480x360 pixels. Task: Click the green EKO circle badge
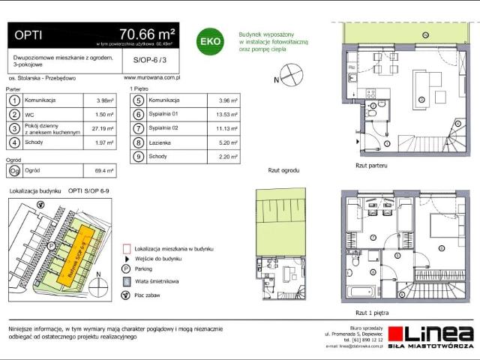(209, 41)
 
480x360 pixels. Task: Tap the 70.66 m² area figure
(147, 34)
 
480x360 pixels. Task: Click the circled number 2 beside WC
(14, 115)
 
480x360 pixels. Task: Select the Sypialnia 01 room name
(166, 115)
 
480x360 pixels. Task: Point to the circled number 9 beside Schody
(139, 157)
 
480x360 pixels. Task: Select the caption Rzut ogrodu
(283, 171)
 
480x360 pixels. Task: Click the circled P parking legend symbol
(125, 268)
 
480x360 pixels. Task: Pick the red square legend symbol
(125, 247)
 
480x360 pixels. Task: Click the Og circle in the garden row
(14, 170)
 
